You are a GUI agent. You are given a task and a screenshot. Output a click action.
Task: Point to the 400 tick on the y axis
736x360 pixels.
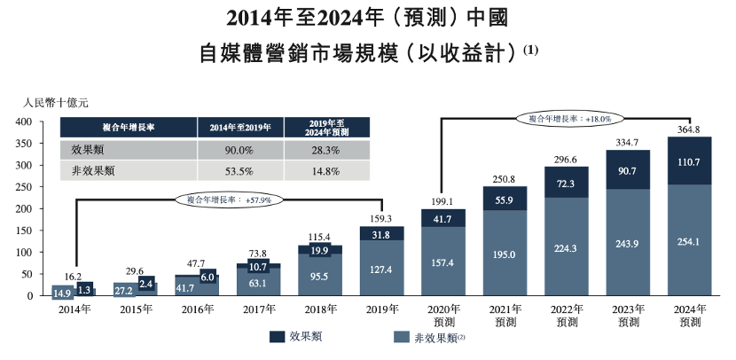(x=25, y=121)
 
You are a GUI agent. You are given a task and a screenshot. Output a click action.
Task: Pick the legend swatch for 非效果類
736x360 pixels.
(x=401, y=337)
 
